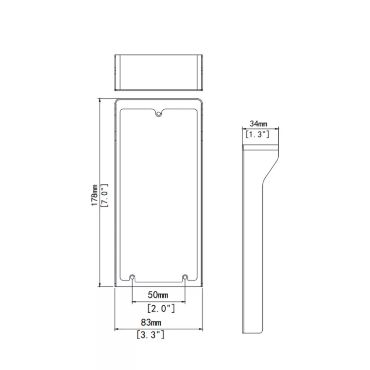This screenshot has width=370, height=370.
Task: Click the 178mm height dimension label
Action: point(94,195)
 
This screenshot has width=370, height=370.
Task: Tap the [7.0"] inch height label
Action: point(104,195)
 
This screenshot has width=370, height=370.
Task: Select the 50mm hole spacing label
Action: point(158,295)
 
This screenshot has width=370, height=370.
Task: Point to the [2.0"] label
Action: point(161,309)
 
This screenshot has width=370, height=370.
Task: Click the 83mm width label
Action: point(151,322)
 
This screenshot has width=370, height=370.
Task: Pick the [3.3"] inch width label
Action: point(150,334)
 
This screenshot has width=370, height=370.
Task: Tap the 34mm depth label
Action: point(258,124)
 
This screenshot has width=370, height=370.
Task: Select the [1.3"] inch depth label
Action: point(257,134)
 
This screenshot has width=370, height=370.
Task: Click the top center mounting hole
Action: point(159,114)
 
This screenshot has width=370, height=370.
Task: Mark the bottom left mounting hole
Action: point(132,277)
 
